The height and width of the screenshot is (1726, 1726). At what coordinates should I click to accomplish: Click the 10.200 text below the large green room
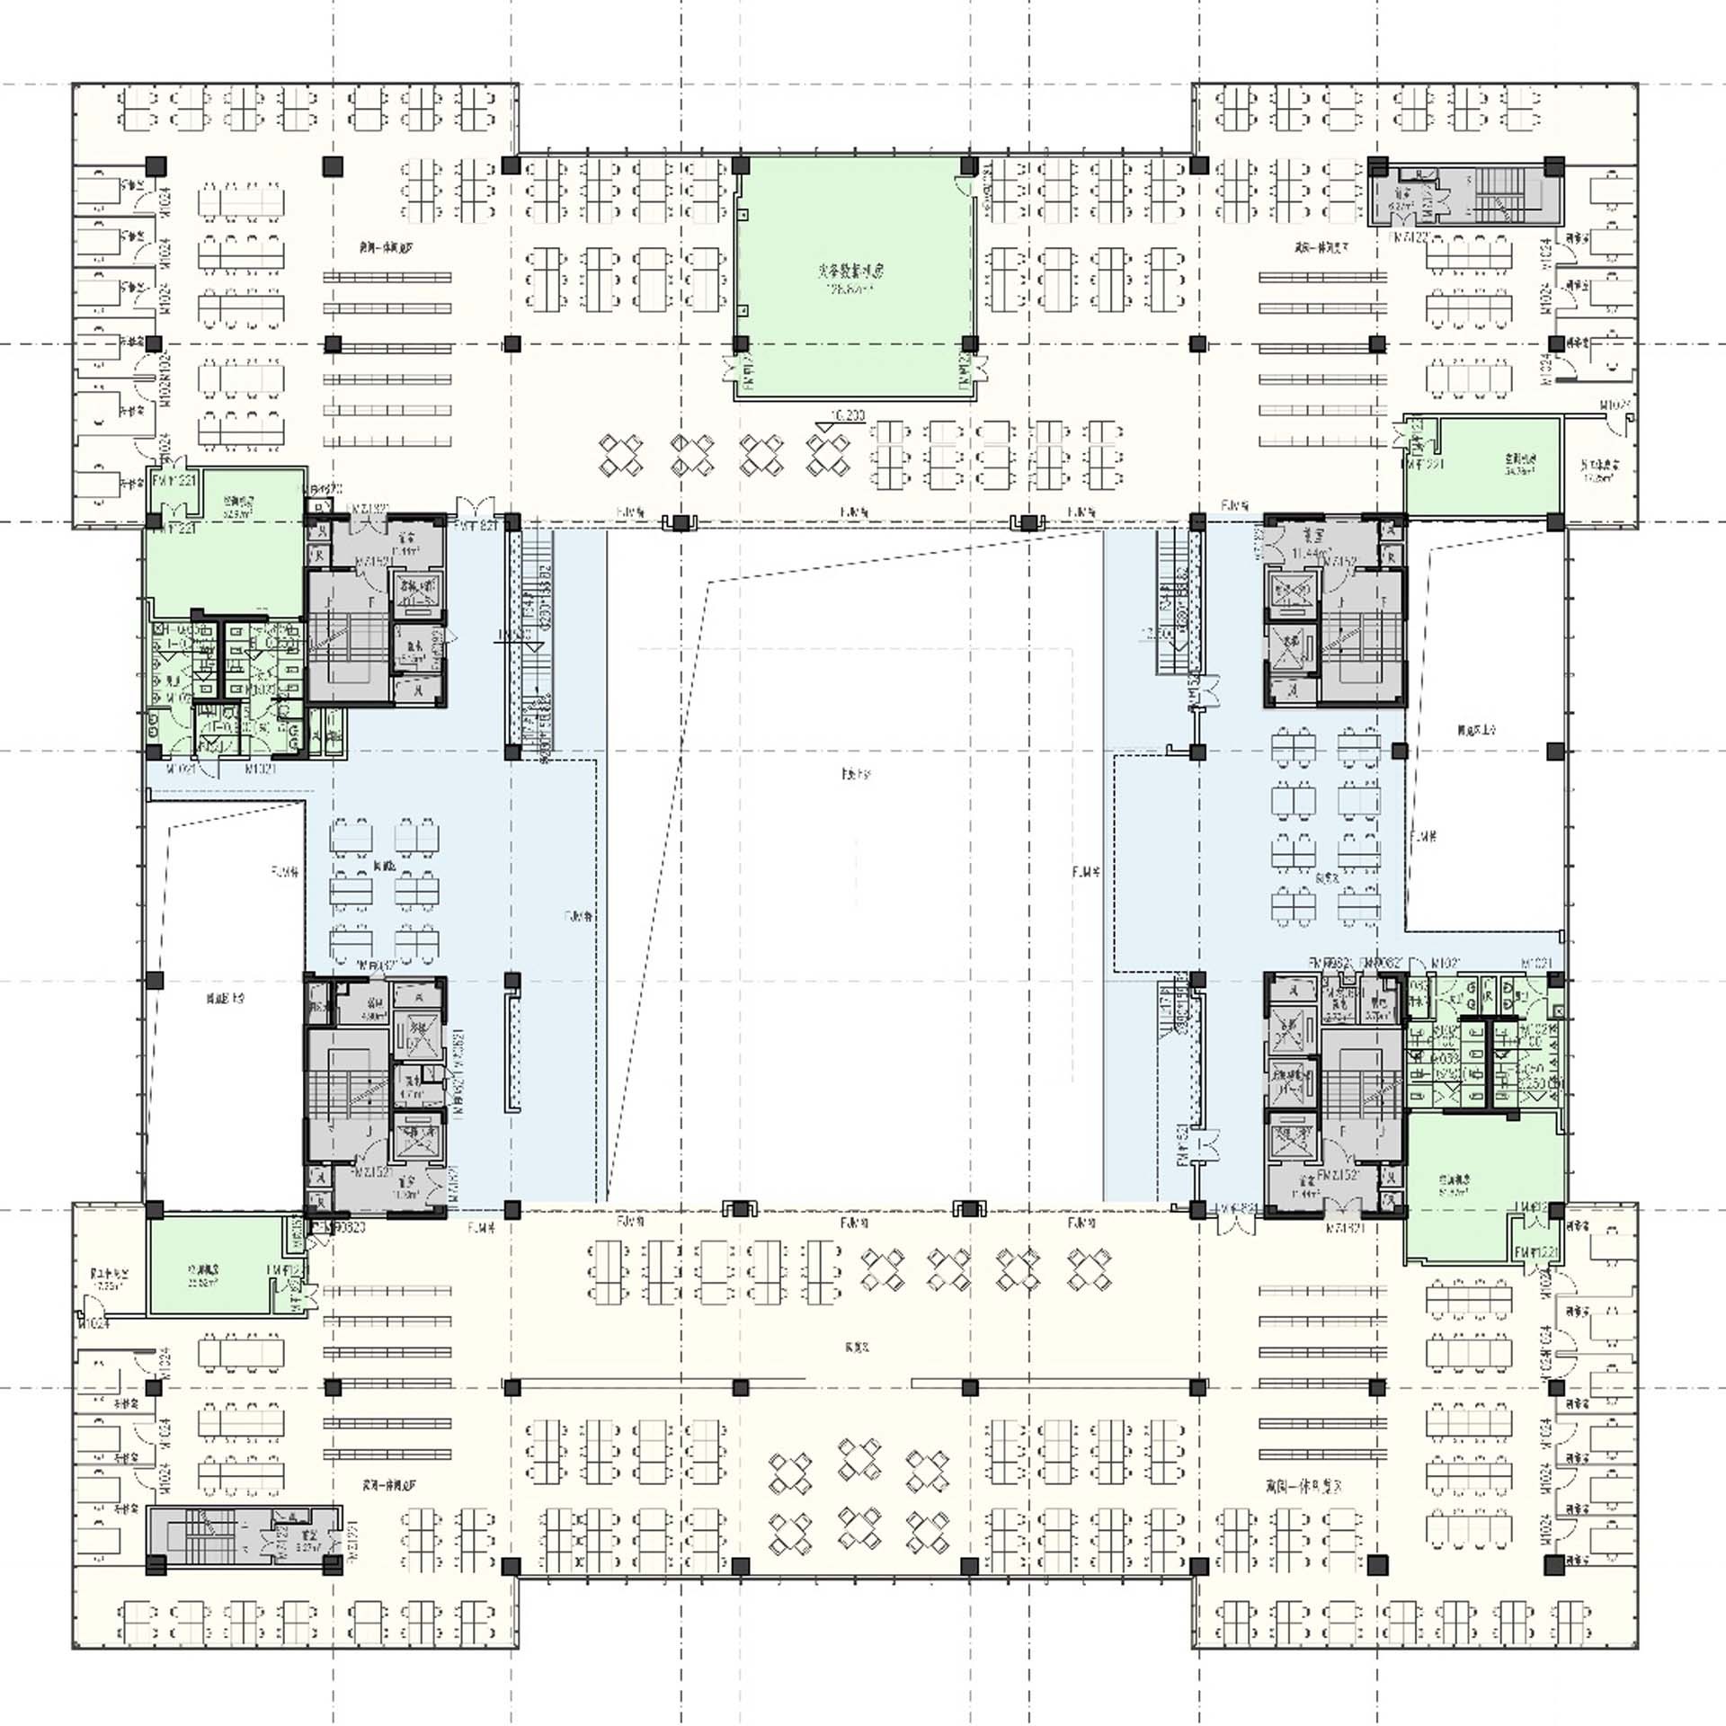(848, 415)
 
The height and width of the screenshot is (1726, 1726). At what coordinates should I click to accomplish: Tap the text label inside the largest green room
(850, 270)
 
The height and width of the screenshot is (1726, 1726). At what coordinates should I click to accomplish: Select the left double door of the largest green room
(743, 369)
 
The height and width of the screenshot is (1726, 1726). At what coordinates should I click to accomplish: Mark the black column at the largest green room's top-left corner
(741, 165)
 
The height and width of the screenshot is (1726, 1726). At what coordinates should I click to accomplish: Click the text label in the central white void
(856, 773)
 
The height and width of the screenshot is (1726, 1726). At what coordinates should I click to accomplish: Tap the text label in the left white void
(226, 998)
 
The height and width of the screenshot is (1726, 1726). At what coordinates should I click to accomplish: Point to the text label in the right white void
(1477, 731)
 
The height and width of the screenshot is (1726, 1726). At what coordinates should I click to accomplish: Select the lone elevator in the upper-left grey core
(417, 592)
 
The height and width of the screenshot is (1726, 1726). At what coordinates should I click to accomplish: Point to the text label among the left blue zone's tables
(384, 867)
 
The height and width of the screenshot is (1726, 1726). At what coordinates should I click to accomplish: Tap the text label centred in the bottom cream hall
(857, 1347)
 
